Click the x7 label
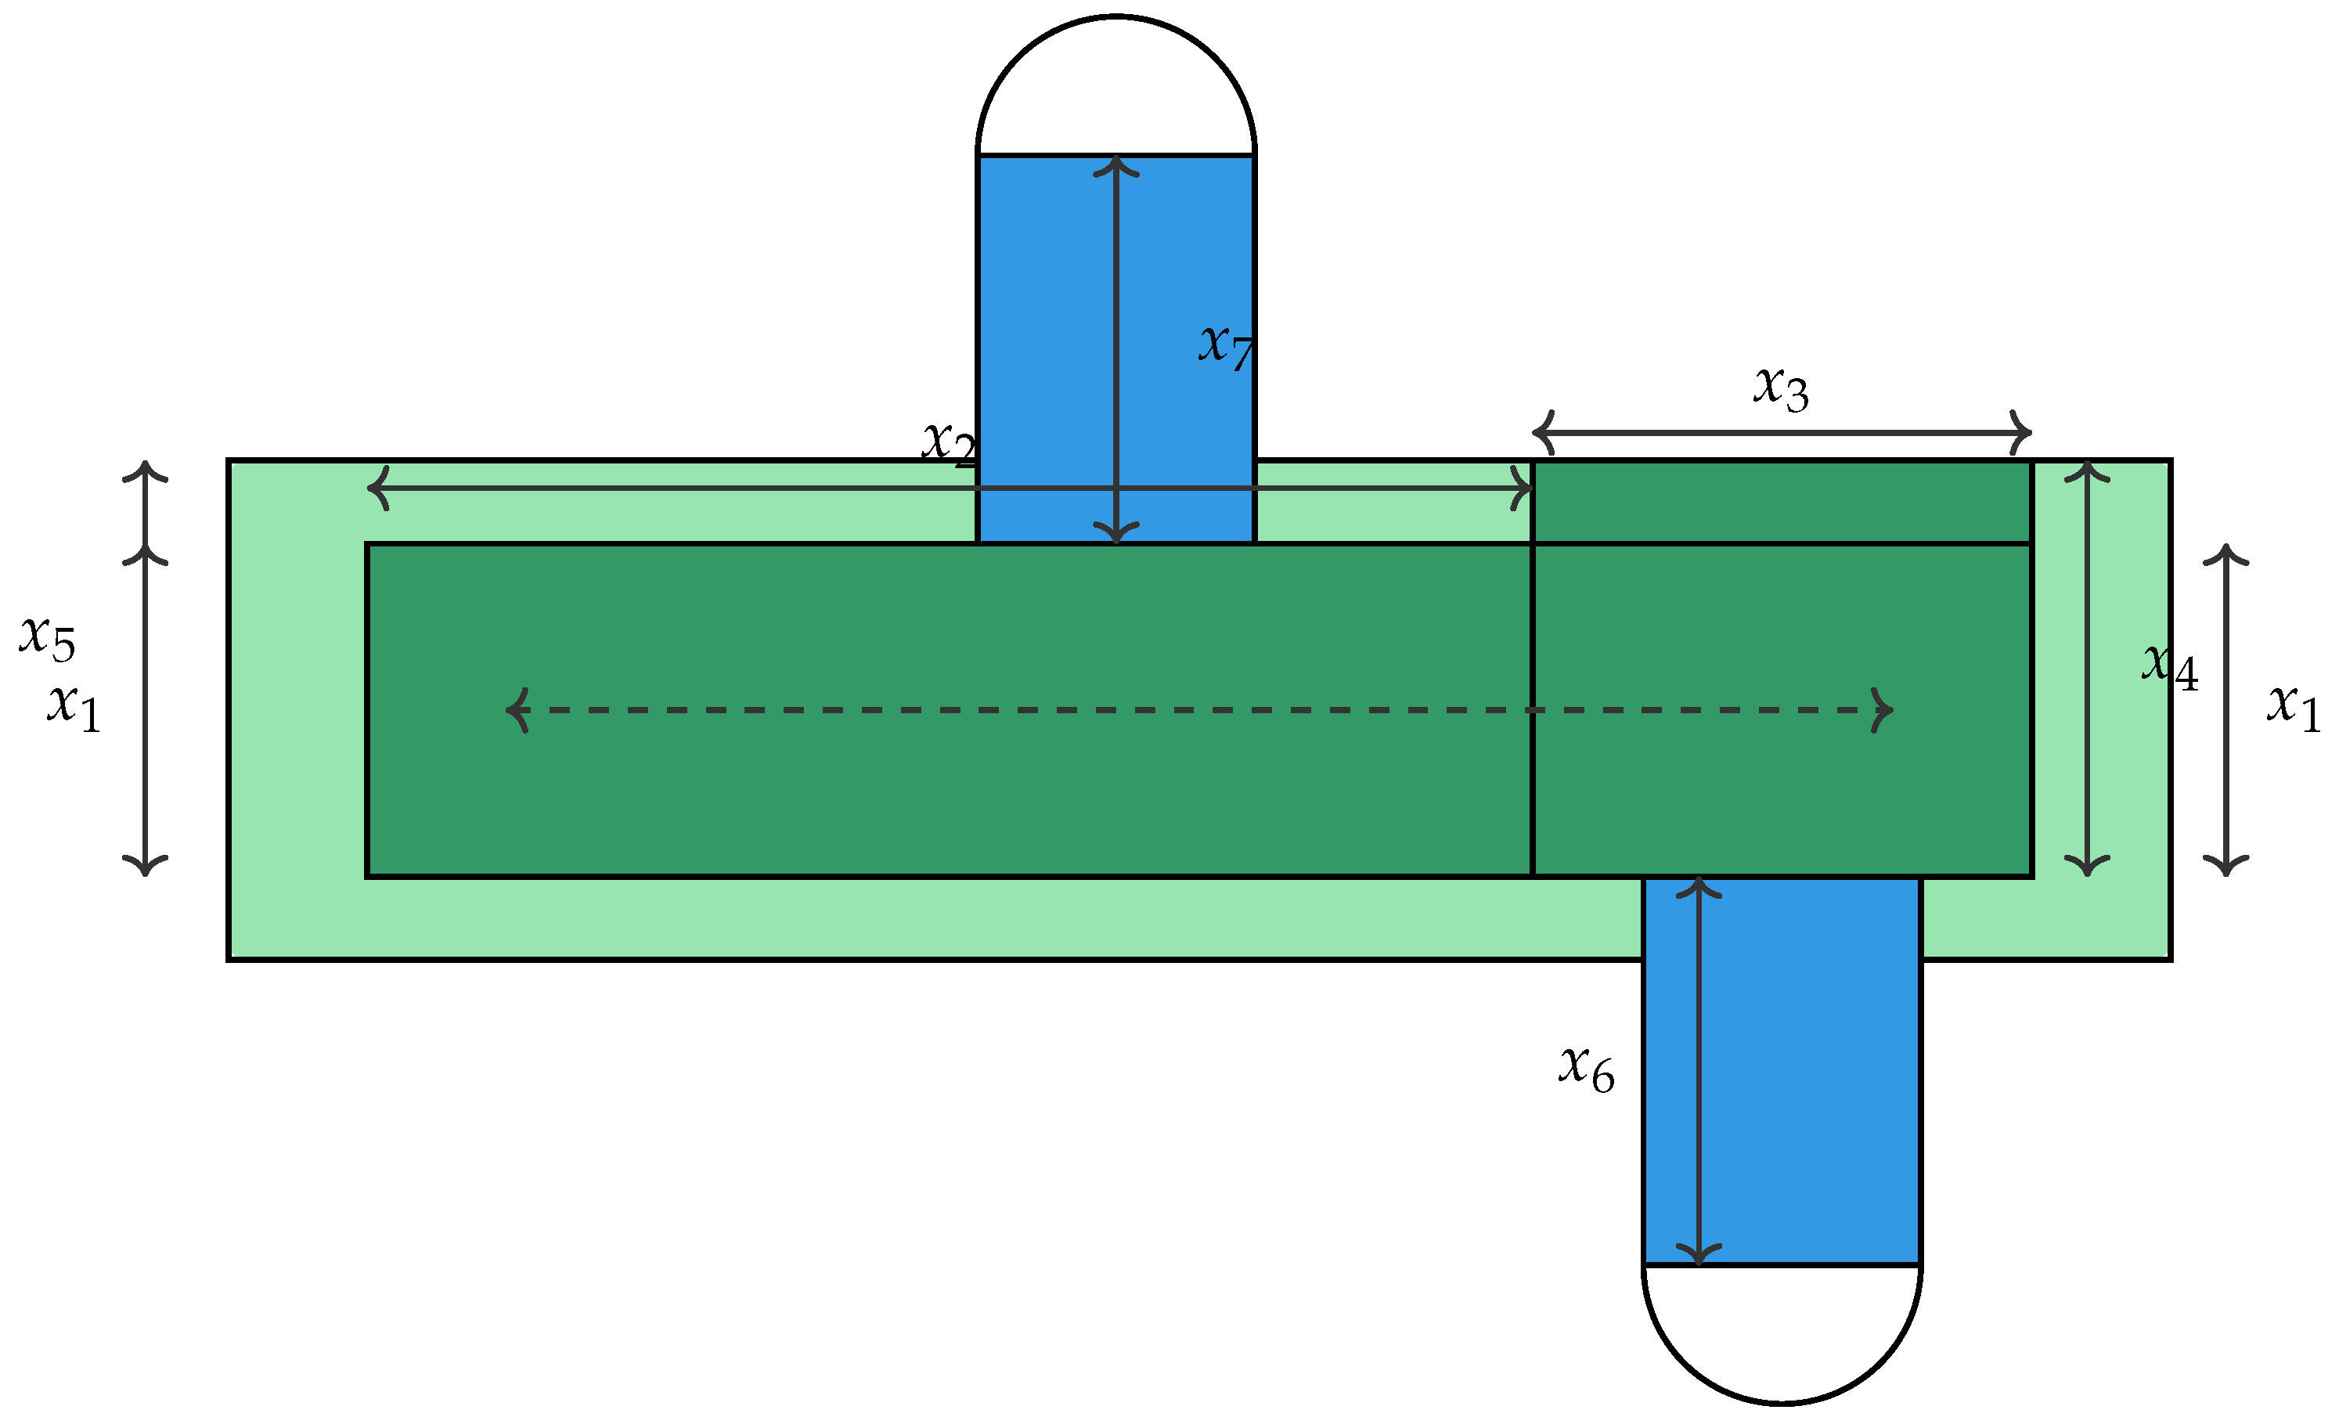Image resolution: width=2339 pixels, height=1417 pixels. tap(1226, 348)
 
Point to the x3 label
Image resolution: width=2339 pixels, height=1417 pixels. tap(1781, 388)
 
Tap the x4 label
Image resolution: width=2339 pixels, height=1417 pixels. tap(2170, 666)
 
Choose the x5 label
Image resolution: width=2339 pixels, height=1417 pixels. tap(48, 638)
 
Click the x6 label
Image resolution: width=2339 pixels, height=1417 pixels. tap(1586, 1069)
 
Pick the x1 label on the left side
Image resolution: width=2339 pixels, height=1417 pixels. tap(74, 708)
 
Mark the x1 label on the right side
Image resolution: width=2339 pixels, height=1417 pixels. tap(2294, 707)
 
